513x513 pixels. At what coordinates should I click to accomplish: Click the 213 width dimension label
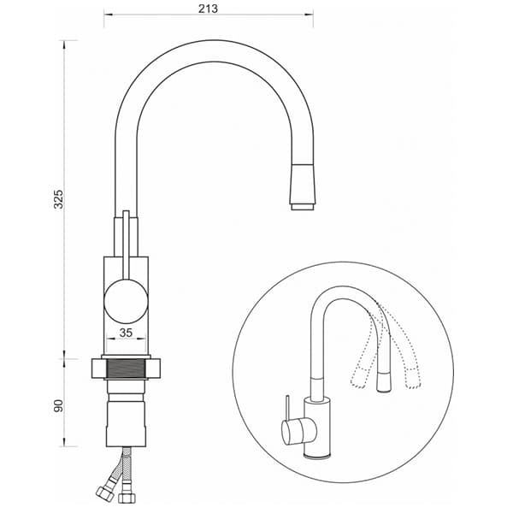tap(208, 9)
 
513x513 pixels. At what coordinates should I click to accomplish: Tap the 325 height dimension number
tap(58, 199)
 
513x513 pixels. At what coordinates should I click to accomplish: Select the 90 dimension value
tap(58, 405)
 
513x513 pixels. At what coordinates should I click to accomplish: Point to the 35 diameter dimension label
tap(126, 333)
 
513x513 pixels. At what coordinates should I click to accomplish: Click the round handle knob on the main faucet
tap(126, 302)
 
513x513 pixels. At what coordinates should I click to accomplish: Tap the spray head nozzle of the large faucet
tap(303, 186)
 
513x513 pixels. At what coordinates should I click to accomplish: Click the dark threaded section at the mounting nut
tap(126, 368)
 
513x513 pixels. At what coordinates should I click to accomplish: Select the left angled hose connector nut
tap(105, 493)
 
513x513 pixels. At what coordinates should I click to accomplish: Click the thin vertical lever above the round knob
tap(126, 245)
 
